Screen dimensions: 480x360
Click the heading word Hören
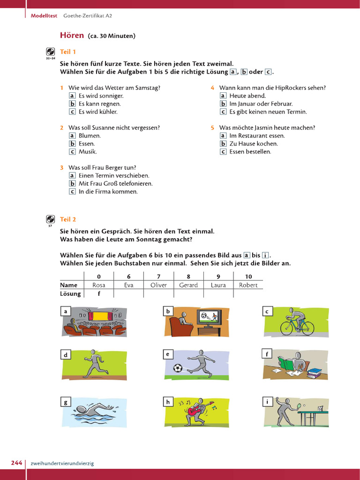pos(72,35)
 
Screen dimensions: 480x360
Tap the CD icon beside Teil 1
pos(51,52)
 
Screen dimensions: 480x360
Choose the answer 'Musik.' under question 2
pos(88,151)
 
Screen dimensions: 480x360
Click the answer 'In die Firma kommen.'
pos(108,191)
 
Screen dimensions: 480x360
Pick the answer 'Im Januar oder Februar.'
pos(261,104)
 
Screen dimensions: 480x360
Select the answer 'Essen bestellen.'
pos(250,151)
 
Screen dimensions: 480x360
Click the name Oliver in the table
pos(158,285)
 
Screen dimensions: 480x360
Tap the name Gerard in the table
pos(188,285)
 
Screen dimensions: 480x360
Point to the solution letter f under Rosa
pos(99,294)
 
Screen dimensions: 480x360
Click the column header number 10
pos(248,277)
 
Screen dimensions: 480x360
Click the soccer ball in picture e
pos(177,368)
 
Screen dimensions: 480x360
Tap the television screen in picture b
pos(209,316)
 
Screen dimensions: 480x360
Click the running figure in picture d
pos(95,363)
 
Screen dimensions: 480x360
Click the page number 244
pos(16,463)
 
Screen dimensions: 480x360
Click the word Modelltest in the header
pos(44,15)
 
